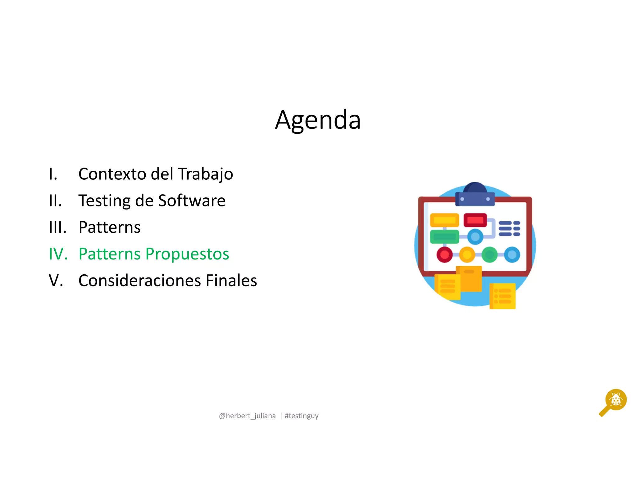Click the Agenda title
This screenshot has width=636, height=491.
(318, 120)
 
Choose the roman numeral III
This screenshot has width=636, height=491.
(58, 227)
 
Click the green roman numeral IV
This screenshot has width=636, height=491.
(58, 254)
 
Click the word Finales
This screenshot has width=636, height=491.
(231, 281)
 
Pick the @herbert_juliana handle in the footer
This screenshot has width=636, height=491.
(247, 416)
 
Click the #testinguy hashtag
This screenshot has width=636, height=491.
(302, 416)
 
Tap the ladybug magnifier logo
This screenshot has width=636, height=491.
(614, 402)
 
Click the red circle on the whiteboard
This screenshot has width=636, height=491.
(444, 255)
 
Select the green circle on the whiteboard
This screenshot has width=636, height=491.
(489, 255)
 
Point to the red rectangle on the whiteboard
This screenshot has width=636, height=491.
(475, 220)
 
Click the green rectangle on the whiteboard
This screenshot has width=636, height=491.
(444, 237)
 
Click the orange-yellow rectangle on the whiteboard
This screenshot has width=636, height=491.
(444, 220)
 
